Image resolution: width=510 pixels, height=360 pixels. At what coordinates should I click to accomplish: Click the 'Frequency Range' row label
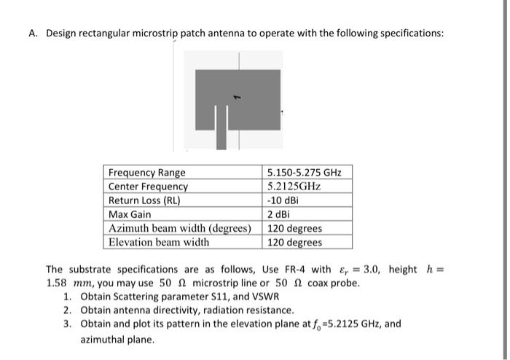[146, 173]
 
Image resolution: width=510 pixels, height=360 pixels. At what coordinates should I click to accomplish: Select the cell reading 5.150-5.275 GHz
[304, 173]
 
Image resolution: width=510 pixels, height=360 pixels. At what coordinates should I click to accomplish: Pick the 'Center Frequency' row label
[148, 187]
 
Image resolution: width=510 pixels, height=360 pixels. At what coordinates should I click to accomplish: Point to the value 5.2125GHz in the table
[294, 187]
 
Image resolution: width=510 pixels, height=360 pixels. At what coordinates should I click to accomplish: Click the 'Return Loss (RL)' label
[144, 200]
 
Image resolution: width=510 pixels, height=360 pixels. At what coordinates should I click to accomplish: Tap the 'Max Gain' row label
[130, 214]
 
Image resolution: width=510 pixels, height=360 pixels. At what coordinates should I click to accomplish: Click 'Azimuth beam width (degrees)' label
[180, 228]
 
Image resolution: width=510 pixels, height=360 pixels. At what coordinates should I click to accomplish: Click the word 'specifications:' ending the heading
[409, 34]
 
